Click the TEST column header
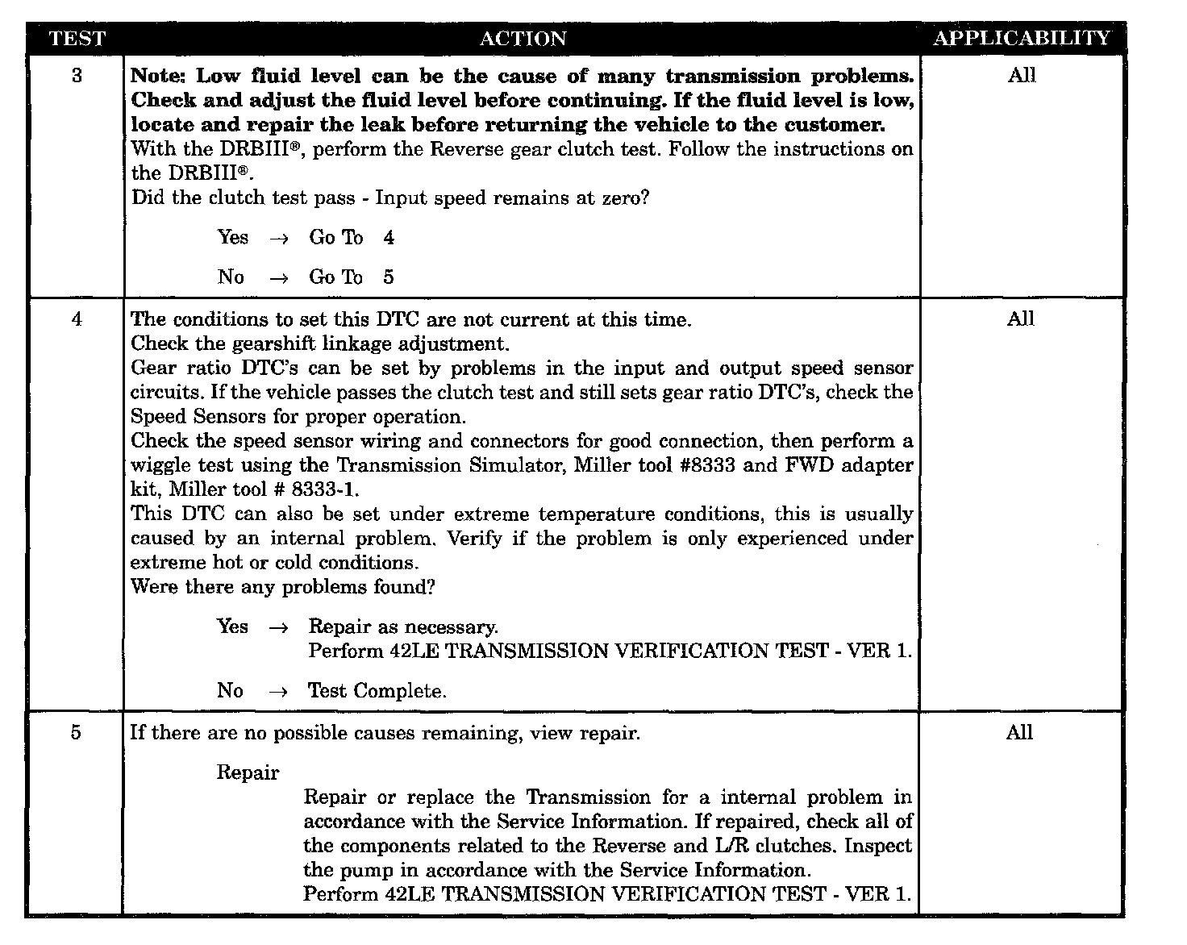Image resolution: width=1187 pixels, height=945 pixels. pos(77,39)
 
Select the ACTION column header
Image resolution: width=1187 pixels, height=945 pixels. pos(523,39)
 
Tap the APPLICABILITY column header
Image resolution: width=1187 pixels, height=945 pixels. pos(1021,39)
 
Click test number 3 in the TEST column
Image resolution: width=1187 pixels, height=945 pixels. pos(77,76)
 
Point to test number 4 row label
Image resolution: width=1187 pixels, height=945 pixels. pos(77,319)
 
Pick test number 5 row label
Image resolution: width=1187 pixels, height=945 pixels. pos(76,733)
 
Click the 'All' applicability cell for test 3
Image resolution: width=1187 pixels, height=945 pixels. pos(1021,76)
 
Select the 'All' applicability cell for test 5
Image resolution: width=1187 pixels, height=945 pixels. pos(1019,733)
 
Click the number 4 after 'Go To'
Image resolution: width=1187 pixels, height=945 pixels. pos(389,238)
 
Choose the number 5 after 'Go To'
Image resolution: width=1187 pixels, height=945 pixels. pos(389,277)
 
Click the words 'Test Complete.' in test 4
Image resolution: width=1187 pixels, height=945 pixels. pos(377,691)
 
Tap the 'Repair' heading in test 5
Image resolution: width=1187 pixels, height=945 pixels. pos(248,772)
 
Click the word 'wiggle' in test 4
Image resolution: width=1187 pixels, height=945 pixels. pos(158,466)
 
